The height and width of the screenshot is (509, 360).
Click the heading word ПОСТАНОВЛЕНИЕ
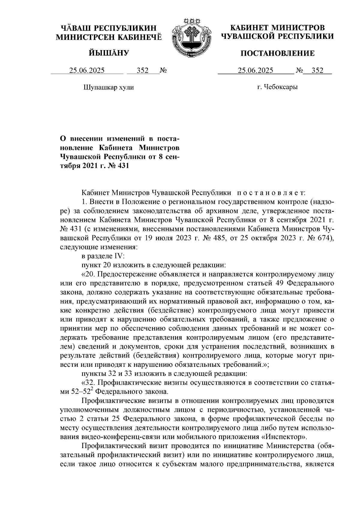(278, 54)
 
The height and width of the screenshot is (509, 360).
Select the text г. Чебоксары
(277, 87)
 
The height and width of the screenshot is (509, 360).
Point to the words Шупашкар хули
(108, 88)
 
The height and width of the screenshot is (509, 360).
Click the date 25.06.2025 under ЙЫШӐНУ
(87, 71)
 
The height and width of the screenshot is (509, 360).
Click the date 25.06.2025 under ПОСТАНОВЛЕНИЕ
(255, 71)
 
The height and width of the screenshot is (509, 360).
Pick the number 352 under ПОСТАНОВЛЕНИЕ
(317, 71)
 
